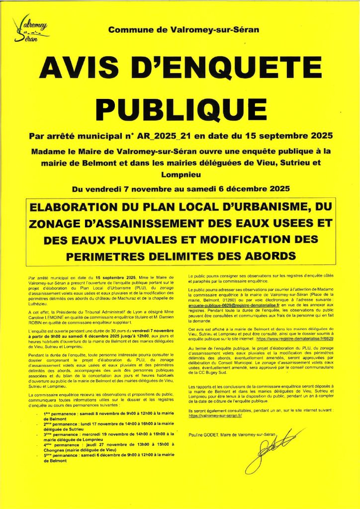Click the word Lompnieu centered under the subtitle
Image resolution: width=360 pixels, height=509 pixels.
pos(180,174)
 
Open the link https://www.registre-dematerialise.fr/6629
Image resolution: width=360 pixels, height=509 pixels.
pos(299,338)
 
